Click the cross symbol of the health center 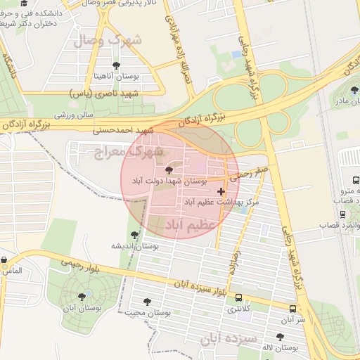pos(221,191)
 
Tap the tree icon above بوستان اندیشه pos(134,235)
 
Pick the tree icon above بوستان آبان pos(82,297)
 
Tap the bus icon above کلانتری pos(238,297)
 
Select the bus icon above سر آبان pos(292,309)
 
